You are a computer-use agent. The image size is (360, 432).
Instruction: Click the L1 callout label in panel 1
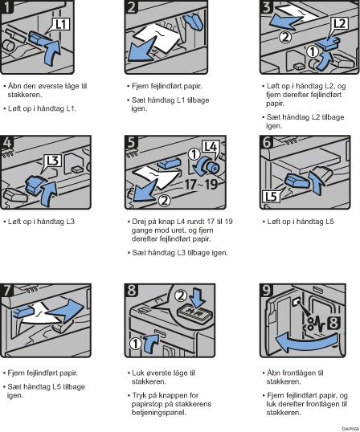[x=60, y=24]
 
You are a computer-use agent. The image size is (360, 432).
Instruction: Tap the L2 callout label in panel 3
[x=339, y=24]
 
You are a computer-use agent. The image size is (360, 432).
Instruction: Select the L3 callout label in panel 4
[x=53, y=161]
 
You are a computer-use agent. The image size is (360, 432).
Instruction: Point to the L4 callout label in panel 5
[x=211, y=147]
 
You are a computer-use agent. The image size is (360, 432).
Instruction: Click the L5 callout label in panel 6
[x=271, y=197]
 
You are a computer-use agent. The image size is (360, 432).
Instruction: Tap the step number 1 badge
[x=6, y=6]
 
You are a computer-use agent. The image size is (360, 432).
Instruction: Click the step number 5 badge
[x=131, y=142]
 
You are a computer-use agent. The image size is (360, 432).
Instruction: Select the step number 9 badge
[x=267, y=291]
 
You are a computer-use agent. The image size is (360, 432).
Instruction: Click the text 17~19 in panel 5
[x=200, y=184]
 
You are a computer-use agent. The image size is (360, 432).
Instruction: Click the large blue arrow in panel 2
[x=143, y=49]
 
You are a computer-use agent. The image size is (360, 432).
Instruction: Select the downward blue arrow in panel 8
[x=198, y=297]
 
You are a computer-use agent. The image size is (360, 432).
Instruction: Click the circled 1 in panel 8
[x=136, y=344]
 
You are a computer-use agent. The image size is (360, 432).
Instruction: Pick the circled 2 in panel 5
[x=164, y=201]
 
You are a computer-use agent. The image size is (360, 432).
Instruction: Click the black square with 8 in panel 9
[x=333, y=323]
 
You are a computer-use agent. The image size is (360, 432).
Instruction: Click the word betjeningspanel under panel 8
[x=159, y=413]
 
